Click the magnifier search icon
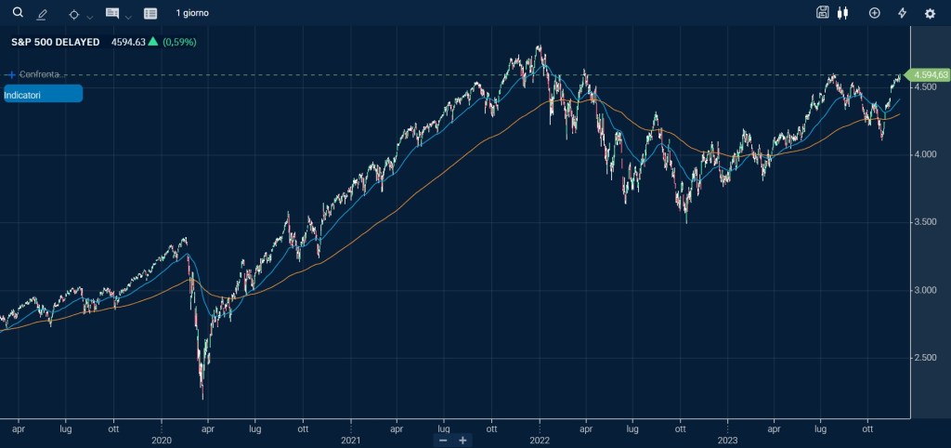(x=17, y=12)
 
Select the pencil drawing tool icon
(x=42, y=14)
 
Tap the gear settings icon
(x=930, y=13)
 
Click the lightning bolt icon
(x=902, y=13)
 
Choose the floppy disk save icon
(x=822, y=13)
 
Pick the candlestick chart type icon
(x=843, y=13)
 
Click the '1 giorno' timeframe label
(x=192, y=13)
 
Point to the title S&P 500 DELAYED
(x=56, y=42)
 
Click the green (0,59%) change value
(x=179, y=42)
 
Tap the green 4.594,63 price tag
(x=930, y=74)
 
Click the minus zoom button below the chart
(x=443, y=440)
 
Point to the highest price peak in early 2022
(x=539, y=46)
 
